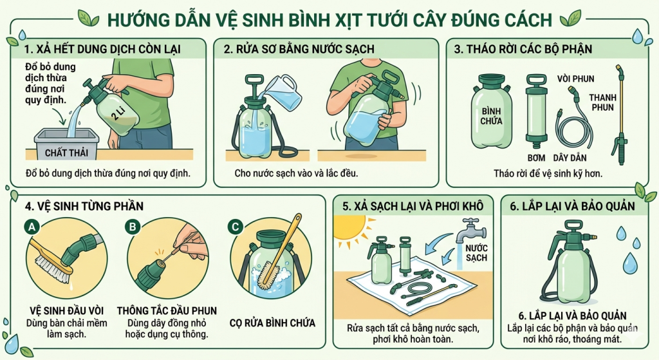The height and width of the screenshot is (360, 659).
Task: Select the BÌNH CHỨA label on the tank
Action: (492, 115)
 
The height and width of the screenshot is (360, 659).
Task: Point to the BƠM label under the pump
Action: (536, 158)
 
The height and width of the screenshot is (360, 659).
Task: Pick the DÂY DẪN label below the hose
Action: (574, 158)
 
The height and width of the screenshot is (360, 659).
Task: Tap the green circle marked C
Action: (236, 226)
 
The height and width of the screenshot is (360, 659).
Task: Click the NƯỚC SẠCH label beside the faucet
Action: (477, 252)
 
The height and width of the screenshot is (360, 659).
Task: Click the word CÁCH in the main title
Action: (526, 19)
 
